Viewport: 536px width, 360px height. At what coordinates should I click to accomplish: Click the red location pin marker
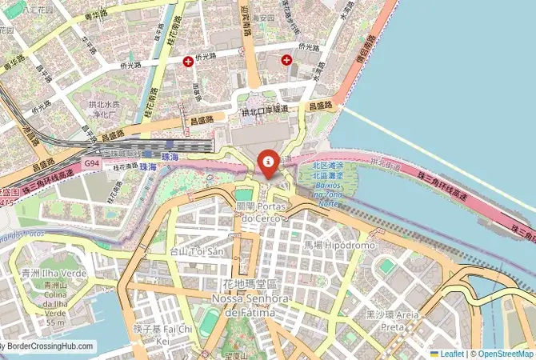(268, 162)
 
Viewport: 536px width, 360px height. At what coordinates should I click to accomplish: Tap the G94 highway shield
(92, 163)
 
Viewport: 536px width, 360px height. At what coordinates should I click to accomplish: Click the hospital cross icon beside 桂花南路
(188, 61)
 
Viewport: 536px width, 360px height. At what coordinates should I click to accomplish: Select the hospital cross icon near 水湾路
(286, 60)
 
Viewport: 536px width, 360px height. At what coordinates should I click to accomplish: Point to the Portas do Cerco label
(258, 212)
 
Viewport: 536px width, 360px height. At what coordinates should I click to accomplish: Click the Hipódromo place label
(339, 245)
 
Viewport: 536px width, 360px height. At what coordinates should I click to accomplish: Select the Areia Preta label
(393, 320)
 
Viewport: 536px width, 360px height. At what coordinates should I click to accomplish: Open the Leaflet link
(450, 354)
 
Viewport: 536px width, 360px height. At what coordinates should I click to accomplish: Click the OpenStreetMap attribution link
(503, 354)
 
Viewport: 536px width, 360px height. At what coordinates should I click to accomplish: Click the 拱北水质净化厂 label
(106, 109)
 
